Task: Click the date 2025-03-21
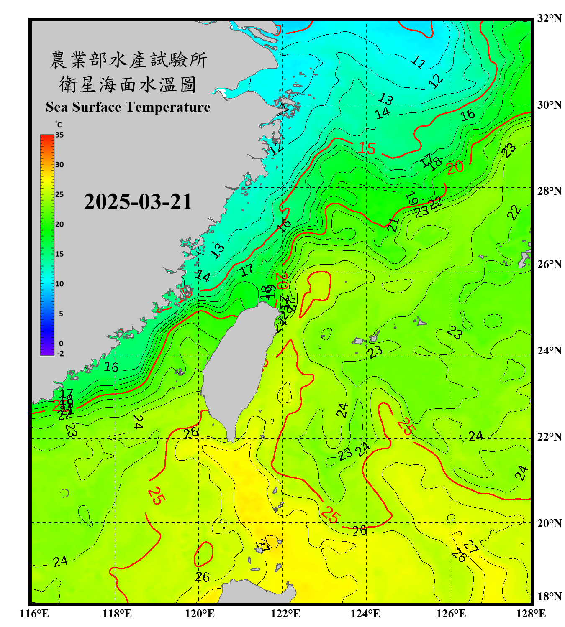138,202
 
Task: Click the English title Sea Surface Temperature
128,107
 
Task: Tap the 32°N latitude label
549,18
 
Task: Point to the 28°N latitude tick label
549,191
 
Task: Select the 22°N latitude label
549,437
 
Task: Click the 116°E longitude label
34,614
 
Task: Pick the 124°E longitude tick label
365,614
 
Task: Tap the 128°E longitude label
531,614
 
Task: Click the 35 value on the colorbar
59,135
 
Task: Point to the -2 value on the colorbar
60,354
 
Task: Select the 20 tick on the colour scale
59,224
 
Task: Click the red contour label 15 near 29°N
367,148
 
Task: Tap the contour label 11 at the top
418,62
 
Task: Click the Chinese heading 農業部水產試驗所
128,60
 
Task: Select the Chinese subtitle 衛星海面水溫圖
128,84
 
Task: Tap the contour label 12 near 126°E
436,81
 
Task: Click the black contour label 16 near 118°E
111,367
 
